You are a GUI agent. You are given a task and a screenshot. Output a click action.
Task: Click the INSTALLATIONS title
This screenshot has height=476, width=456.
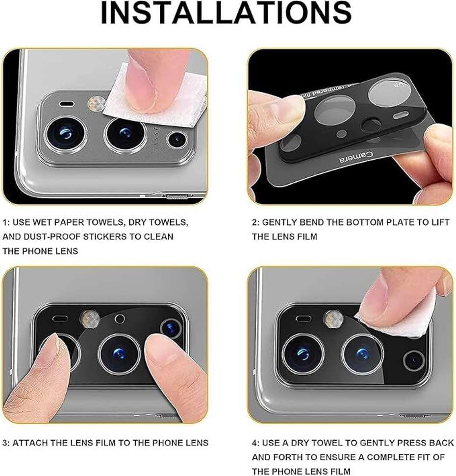[226, 14]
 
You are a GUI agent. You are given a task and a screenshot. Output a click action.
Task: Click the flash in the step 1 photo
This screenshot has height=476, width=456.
[95, 103]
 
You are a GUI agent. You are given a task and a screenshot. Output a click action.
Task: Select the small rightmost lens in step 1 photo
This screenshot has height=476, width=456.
[176, 140]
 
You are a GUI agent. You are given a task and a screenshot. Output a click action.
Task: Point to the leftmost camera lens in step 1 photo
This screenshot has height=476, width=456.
[65, 133]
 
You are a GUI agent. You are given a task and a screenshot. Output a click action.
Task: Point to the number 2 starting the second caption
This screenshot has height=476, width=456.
[254, 222]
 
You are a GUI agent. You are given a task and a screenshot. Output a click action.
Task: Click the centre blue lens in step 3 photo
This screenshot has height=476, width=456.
[119, 353]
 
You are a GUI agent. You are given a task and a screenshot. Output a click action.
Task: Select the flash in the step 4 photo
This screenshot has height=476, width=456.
[332, 319]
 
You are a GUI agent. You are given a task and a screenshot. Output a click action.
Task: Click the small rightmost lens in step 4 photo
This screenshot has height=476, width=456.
[413, 361]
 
